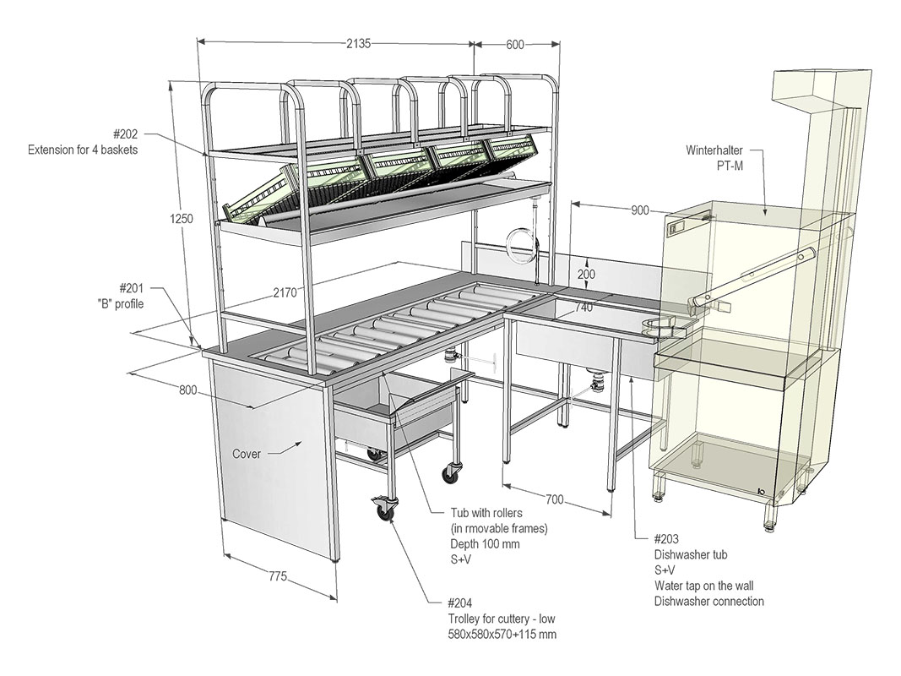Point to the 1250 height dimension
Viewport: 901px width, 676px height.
coord(181,218)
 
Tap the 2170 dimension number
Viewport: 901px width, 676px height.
coord(285,293)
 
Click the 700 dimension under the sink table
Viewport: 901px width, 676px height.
coord(554,499)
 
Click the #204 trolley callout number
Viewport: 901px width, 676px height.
coord(462,603)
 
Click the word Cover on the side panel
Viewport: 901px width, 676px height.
coord(247,454)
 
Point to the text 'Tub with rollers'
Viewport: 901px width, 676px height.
coord(486,513)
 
